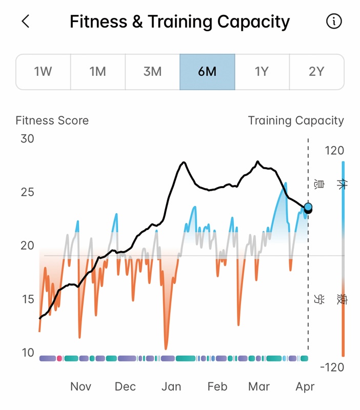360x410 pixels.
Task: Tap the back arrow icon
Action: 26,22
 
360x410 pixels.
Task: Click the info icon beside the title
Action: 334,22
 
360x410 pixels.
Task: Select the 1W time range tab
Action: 43,72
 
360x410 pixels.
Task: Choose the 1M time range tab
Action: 97,72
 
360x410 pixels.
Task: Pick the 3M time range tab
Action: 152,72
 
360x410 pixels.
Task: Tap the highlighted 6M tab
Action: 207,72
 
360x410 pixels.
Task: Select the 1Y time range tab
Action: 262,72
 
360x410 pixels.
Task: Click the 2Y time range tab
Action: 316,72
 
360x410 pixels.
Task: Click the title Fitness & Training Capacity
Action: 179,22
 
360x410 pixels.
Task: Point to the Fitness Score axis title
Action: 52,121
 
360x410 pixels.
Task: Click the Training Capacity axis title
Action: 296,121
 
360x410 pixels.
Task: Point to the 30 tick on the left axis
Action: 27,139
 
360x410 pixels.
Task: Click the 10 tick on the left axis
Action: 27,353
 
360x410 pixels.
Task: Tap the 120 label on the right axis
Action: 334,151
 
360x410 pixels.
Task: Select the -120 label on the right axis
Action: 331,367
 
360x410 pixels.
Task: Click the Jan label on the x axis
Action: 171,386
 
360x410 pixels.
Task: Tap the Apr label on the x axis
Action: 305,386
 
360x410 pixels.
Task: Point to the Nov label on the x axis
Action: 81,386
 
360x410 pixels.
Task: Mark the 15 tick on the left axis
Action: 27,299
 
